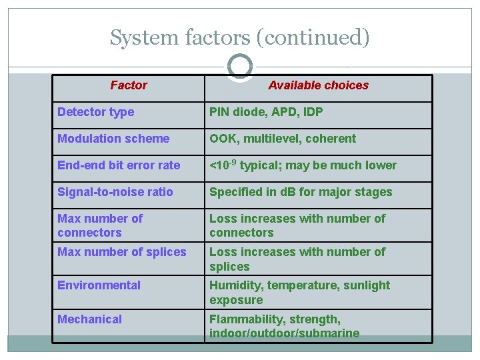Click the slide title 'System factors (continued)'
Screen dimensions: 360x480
[239, 37]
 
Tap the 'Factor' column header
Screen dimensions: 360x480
[129, 85]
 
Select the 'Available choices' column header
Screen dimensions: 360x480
[318, 85]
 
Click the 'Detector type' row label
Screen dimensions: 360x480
[95, 112]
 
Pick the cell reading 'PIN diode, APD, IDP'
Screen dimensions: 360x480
[266, 112]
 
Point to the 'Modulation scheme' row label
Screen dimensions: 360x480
[113, 139]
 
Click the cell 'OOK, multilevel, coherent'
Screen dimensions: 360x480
[283, 139]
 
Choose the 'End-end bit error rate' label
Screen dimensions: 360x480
[119, 165]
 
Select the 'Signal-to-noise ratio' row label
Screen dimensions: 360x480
[115, 192]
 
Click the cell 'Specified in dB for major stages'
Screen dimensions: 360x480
[301, 192]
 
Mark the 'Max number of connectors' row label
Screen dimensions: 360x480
[100, 225]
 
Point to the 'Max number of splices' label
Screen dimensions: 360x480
[122, 252]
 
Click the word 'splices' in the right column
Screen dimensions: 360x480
[229, 267]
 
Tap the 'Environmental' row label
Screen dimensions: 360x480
[99, 285]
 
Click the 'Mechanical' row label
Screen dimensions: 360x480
[89, 319]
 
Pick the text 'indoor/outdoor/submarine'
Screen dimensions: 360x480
[284, 333]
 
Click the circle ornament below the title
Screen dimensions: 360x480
[239, 67]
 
